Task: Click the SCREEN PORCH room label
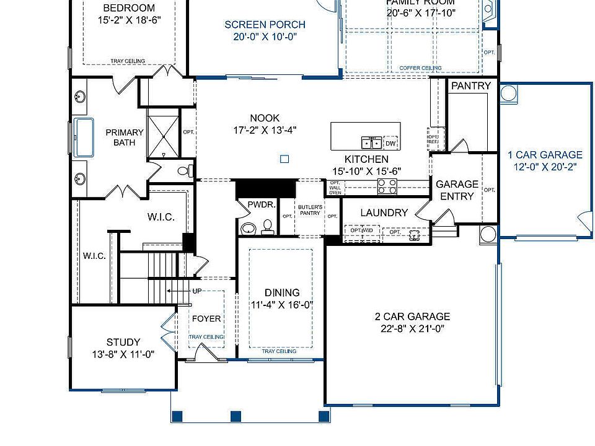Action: (265, 25)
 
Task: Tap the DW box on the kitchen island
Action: (390, 143)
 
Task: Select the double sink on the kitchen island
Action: (372, 143)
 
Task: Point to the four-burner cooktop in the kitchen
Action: (387, 185)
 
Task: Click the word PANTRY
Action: (470, 86)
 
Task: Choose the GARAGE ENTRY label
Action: (457, 190)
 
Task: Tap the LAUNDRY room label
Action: (384, 213)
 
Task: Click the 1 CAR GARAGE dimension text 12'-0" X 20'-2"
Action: (545, 167)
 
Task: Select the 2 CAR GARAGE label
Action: (412, 317)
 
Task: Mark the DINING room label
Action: (282, 292)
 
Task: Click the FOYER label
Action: (206, 319)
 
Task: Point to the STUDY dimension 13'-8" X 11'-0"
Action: (123, 354)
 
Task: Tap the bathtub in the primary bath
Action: (84, 138)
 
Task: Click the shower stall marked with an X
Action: (163, 133)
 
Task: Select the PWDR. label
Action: (257, 204)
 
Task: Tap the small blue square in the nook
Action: (284, 159)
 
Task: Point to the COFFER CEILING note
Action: (420, 68)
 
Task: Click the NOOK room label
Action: (265, 118)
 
